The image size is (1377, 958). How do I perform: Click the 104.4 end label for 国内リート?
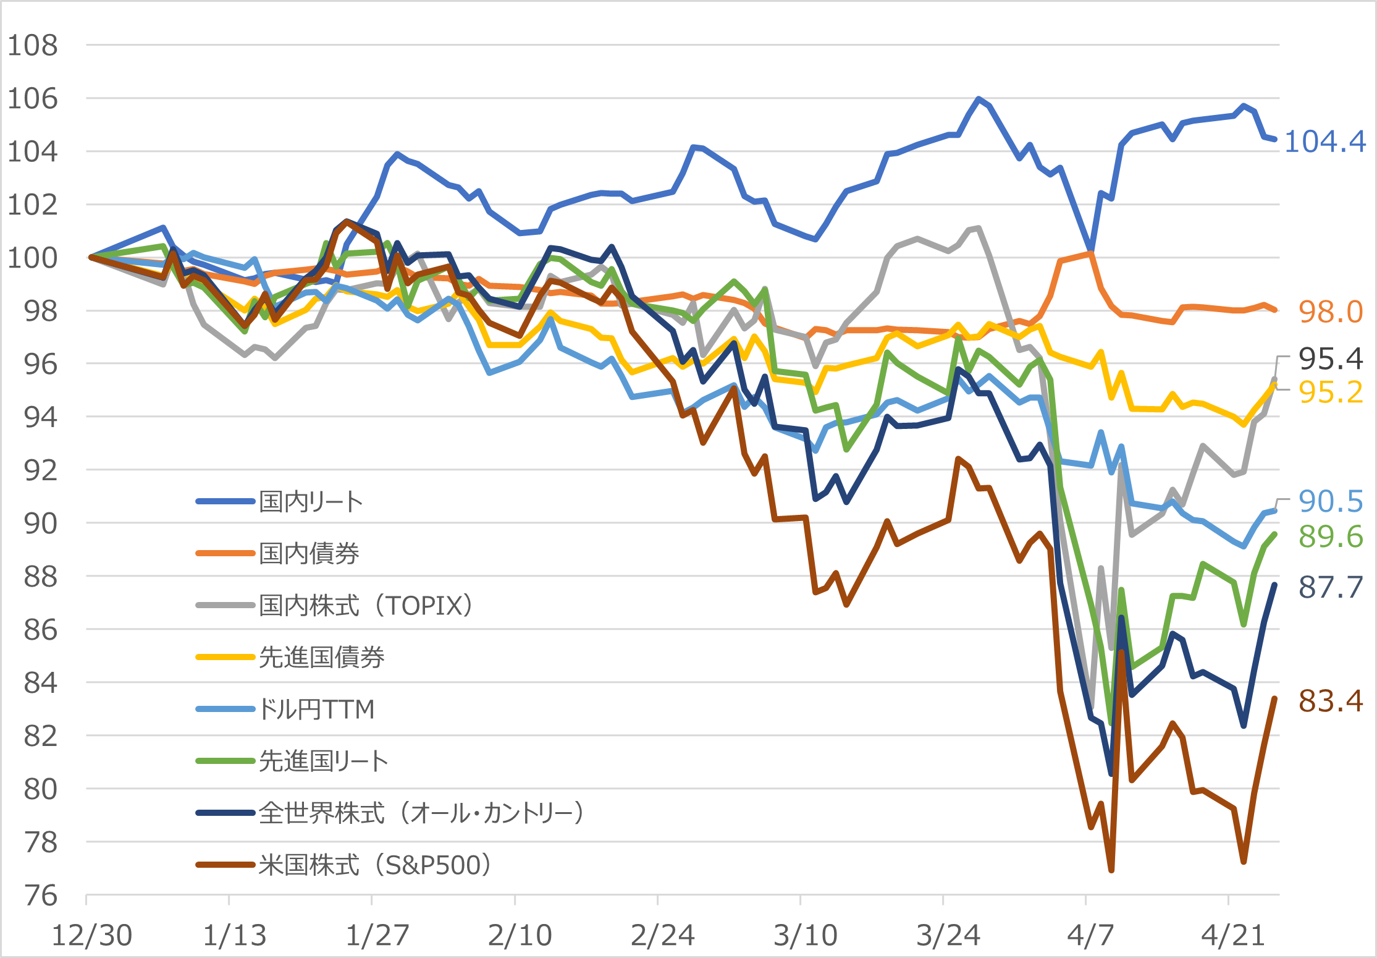tap(1324, 142)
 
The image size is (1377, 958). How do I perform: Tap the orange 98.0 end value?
tap(1330, 312)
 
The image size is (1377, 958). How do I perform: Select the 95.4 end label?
tap(1330, 358)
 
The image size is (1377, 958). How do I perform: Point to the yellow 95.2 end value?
tap(1330, 392)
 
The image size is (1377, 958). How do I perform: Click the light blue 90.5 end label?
tap(1330, 501)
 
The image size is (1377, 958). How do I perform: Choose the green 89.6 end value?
tap(1330, 536)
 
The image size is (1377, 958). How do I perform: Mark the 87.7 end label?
tap(1330, 587)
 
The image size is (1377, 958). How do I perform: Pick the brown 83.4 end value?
tap(1330, 701)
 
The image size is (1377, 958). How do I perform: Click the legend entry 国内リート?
tap(310, 501)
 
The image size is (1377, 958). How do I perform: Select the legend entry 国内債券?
tap(309, 553)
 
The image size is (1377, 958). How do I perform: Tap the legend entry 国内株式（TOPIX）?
tap(366, 605)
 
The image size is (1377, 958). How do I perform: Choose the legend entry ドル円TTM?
tap(316, 709)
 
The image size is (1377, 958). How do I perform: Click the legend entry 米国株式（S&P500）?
tap(374, 865)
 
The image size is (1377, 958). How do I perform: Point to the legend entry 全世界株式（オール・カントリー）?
tap(421, 813)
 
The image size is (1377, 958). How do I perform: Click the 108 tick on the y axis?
tap(32, 45)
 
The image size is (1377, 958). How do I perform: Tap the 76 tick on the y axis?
tap(40, 896)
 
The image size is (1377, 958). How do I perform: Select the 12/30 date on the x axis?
tap(91, 935)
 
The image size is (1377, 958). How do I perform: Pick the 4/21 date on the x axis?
tap(1233, 935)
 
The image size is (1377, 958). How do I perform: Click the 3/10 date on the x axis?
tap(805, 935)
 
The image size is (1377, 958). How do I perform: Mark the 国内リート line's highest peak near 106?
tap(979, 98)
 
